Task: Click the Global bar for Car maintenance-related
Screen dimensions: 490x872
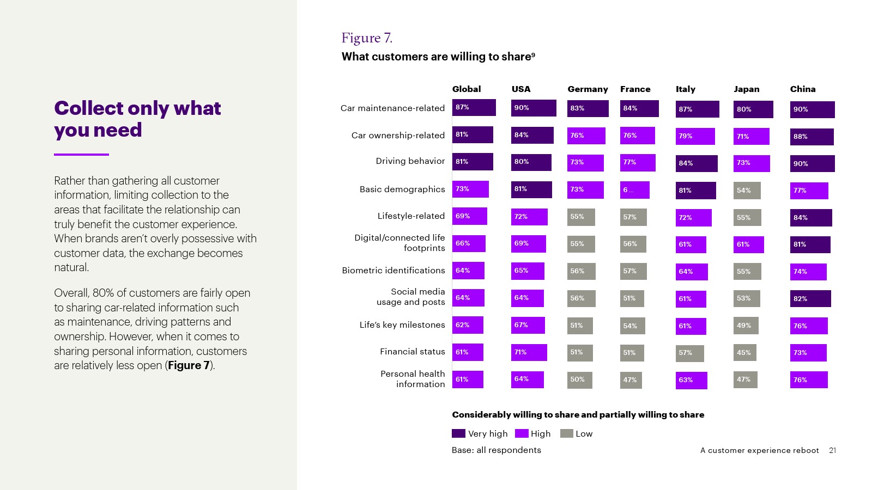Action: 474,107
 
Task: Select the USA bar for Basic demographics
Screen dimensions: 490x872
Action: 531,189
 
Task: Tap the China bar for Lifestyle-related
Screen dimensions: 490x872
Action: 811,218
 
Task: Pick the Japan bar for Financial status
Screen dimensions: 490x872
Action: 744,353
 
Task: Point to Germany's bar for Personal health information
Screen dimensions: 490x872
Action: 579,380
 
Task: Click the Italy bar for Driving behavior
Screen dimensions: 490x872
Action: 697,163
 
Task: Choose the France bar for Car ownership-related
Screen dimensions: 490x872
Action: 637,136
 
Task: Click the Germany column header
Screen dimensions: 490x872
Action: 588,89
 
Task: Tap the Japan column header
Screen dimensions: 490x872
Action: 746,89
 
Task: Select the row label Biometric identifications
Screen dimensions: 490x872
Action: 393,271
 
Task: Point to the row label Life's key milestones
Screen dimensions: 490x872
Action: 402,325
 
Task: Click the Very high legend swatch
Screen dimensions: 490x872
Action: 458,433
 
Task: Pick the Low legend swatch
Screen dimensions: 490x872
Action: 567,433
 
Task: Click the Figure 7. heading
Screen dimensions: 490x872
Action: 366,38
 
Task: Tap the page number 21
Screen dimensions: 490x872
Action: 832,450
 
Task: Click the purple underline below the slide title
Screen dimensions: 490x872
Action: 81,155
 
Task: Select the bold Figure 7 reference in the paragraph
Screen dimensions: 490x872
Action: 189,366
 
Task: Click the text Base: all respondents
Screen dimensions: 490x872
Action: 496,450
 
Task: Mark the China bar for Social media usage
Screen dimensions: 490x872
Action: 810,299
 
